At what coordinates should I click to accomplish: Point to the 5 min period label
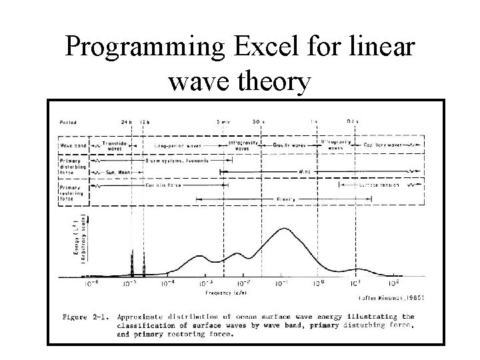(223, 122)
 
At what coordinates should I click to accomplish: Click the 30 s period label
(257, 122)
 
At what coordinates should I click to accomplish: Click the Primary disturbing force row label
(75, 166)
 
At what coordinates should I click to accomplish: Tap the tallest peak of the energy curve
(285, 229)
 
